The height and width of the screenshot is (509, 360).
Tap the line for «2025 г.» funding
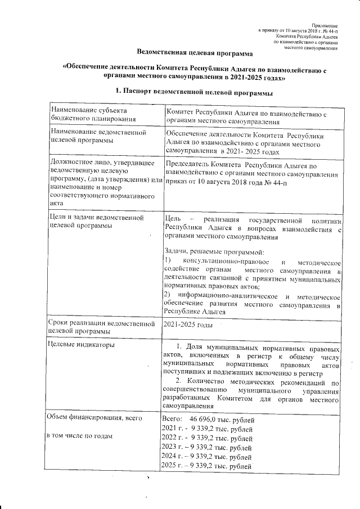(x=206, y=467)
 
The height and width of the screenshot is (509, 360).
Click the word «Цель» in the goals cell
(x=172, y=218)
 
